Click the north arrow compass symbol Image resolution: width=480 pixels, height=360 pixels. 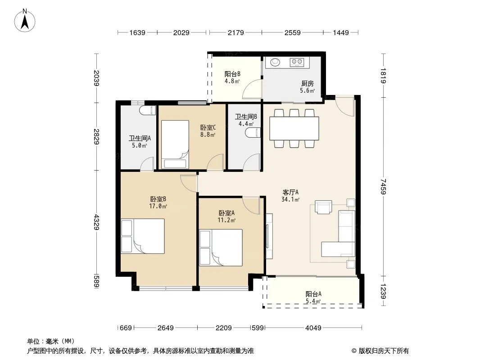[x=25, y=21]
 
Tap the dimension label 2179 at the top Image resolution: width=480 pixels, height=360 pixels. [x=235, y=32]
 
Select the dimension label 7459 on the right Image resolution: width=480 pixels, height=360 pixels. [x=383, y=187]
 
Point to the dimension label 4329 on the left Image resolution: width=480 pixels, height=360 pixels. [x=96, y=222]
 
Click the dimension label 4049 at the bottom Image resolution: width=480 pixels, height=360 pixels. [x=313, y=328]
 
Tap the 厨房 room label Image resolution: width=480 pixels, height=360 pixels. [x=308, y=84]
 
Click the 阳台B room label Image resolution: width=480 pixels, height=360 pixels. [x=232, y=74]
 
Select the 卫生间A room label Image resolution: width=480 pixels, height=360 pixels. [x=140, y=138]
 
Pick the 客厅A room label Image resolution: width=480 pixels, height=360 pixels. [x=290, y=193]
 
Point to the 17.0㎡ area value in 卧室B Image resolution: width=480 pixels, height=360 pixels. [x=158, y=206]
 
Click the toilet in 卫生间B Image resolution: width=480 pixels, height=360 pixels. [x=253, y=132]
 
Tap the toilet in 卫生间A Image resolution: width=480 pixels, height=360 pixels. [x=148, y=110]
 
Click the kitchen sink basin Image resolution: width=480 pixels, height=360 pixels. [x=275, y=62]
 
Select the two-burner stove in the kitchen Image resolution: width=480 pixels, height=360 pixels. [x=297, y=62]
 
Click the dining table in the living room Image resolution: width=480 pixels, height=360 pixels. [x=294, y=128]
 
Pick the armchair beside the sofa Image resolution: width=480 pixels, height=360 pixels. [x=324, y=207]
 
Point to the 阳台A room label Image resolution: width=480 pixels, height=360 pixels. [x=313, y=294]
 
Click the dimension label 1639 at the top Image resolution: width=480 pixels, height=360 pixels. [x=137, y=32]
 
